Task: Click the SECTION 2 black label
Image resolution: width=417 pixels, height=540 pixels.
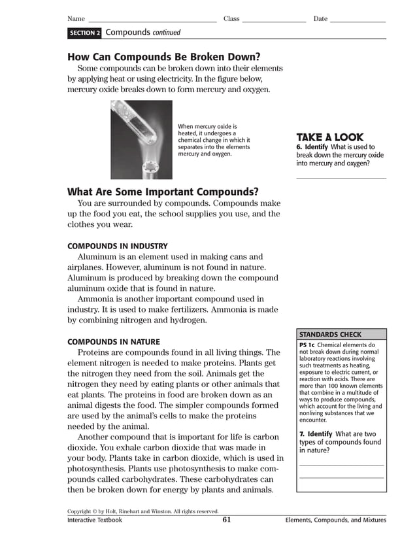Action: (x=84, y=33)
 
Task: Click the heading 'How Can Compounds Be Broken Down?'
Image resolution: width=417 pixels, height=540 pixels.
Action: (x=164, y=56)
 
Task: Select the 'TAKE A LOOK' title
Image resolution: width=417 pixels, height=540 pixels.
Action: (x=329, y=137)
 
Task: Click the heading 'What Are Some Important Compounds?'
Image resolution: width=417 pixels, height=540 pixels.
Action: (x=163, y=192)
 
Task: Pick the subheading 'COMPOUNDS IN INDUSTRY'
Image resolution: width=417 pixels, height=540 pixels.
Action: (x=118, y=246)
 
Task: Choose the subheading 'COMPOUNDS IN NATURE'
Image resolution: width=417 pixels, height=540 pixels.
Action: (x=114, y=342)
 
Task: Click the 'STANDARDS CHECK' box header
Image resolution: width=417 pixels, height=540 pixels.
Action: (x=330, y=335)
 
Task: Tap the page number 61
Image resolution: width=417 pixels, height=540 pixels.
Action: (x=227, y=520)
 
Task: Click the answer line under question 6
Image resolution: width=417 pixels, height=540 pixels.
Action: (x=341, y=178)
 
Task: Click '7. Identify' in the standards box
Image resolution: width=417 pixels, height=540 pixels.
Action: (x=316, y=434)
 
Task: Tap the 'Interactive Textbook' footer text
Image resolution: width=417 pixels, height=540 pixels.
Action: (x=95, y=520)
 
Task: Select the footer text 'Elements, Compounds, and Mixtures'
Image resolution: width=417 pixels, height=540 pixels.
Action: (x=335, y=520)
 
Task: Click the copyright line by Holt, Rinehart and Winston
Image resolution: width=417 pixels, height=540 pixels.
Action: (x=142, y=511)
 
